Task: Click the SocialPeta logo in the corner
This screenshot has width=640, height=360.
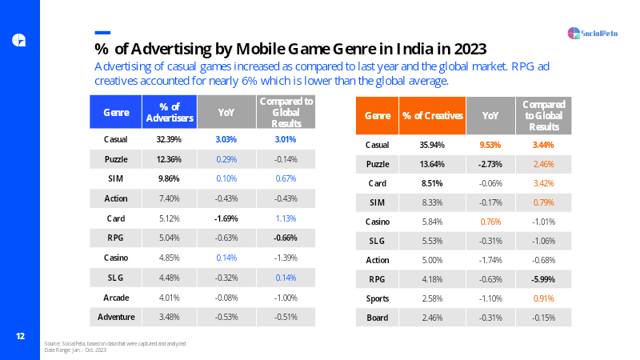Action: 592,33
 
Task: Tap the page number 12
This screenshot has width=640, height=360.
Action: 20,336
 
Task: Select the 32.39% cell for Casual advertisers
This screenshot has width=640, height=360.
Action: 169,139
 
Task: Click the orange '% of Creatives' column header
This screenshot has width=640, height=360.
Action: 432,115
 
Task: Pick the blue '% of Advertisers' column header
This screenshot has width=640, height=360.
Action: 170,112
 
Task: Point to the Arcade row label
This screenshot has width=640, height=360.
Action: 116,298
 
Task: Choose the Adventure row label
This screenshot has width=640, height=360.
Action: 116,317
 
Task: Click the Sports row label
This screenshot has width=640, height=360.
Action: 377,298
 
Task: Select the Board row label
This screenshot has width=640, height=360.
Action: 377,318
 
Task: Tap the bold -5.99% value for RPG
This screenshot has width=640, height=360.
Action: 543,279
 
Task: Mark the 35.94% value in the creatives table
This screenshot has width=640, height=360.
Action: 432,145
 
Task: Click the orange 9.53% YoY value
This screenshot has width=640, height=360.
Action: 490,145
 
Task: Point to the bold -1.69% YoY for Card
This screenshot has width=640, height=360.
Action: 226,218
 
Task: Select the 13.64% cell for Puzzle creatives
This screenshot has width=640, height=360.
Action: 432,164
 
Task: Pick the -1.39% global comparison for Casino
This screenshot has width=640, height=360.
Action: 286,258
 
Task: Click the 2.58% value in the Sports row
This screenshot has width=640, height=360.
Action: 432,298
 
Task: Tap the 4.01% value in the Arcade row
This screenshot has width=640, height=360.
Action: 169,298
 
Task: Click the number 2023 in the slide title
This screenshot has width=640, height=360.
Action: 470,49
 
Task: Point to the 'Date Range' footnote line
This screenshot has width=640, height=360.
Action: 75,350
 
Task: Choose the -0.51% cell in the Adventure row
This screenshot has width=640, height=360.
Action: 286,317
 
